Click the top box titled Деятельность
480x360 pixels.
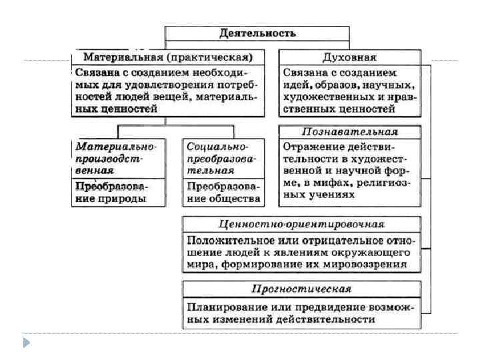tap(257, 33)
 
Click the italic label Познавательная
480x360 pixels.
tap(349, 131)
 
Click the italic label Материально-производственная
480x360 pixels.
tap(115, 157)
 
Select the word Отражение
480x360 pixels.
tap(308, 145)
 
